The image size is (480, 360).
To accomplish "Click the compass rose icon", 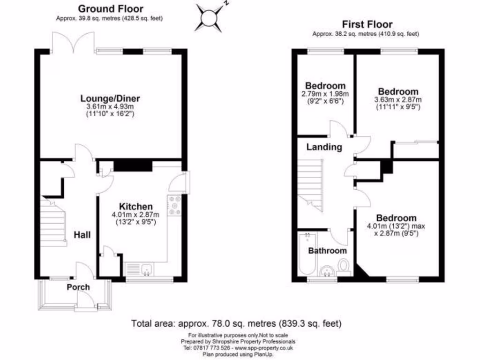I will pos(210,18).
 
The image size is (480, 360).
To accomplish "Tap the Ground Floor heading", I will pos(111,8).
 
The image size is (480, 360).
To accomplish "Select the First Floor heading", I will pos(367,24).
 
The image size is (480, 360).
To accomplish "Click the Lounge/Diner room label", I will pos(110,98).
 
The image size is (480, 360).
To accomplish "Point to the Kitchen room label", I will pos(135,207).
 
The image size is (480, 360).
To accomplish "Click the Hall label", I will pos(82,235).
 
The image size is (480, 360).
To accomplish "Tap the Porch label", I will pos(78,287).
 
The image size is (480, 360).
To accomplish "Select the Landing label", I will pos(324,147).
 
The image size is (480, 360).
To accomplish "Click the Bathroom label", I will pos(328,251).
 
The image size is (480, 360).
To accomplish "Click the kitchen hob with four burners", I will pos(175,206).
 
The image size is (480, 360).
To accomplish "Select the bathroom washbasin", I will pos(327,271).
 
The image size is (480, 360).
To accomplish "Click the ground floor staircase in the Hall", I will pos(52,223).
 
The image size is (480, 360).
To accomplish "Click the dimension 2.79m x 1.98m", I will pos(325,94).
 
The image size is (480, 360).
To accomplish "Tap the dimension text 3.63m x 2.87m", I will pos(398,99).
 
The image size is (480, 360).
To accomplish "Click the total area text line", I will pos(236,323).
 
